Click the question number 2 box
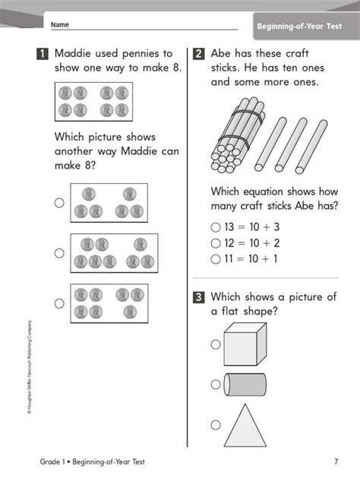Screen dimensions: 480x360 (x=199, y=54)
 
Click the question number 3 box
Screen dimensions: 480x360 (x=199, y=298)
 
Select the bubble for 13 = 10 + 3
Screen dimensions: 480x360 (x=216, y=227)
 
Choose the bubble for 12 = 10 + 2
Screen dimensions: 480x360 (x=216, y=243)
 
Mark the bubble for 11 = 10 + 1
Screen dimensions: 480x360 (x=216, y=259)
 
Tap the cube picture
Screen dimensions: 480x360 (x=245, y=343)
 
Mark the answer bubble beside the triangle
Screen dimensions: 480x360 (x=216, y=425)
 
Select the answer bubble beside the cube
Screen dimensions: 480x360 (x=216, y=344)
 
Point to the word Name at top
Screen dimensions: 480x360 (x=60, y=25)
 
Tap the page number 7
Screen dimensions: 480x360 (x=336, y=462)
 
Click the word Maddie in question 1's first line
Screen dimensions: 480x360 (x=74, y=54)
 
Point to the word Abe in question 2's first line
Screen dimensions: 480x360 (x=223, y=54)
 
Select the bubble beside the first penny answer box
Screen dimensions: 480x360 (x=59, y=203)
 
